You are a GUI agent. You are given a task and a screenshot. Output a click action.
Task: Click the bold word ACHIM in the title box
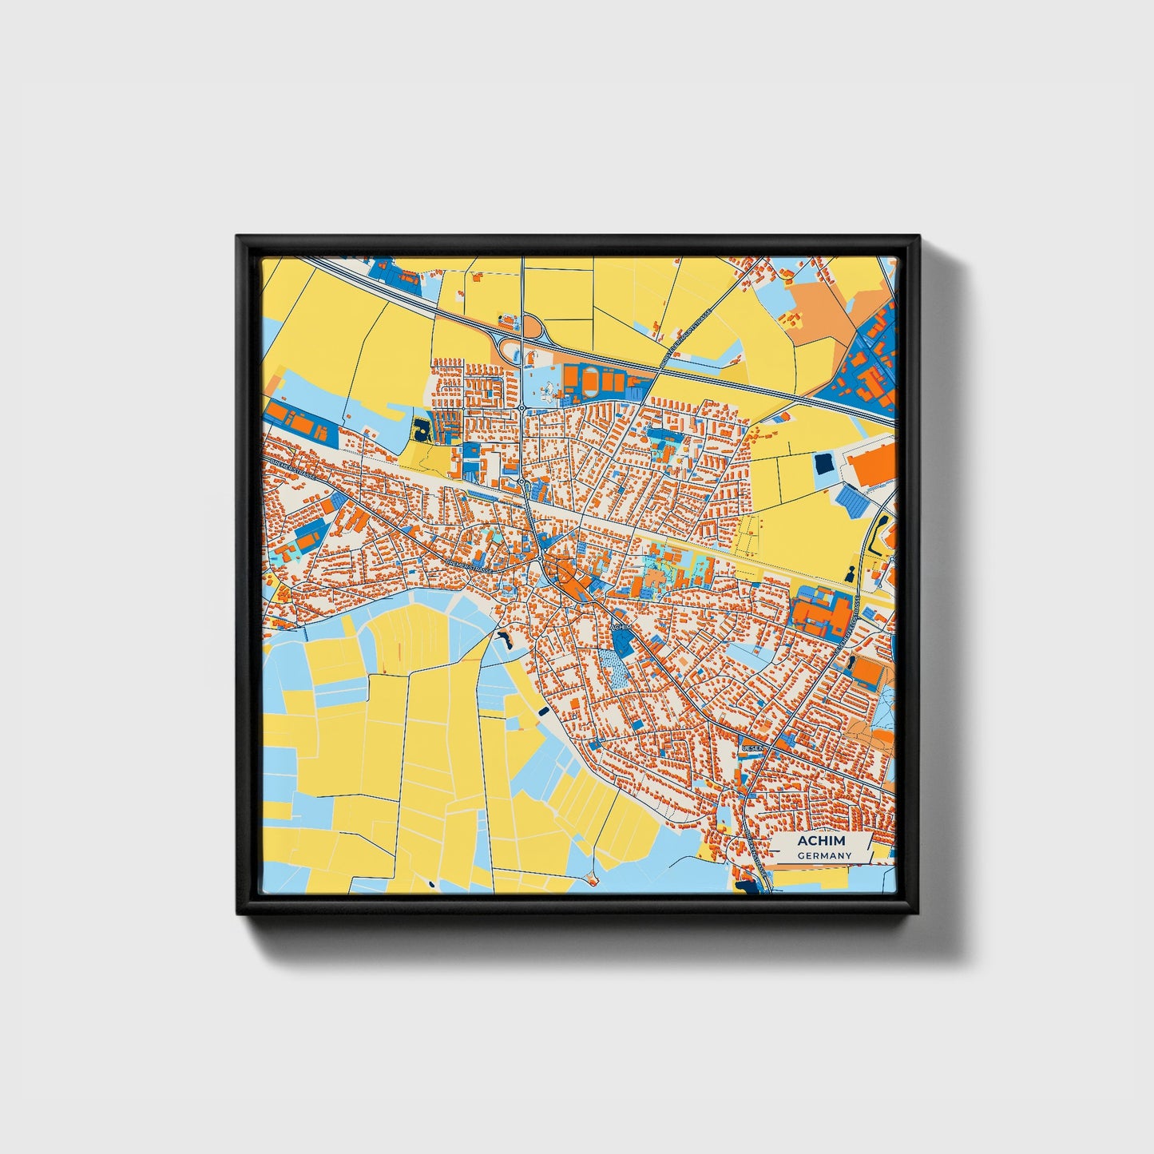click(821, 841)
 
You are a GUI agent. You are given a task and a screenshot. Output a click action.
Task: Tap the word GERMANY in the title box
click(824, 856)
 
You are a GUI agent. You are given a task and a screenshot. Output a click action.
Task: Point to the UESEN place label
click(754, 748)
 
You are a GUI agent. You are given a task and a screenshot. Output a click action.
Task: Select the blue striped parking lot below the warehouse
click(853, 501)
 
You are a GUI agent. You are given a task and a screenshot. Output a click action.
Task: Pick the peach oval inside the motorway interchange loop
click(531, 327)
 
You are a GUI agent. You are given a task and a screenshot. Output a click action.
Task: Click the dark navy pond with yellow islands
click(421, 430)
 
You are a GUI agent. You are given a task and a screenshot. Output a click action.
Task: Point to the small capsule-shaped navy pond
click(544, 709)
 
